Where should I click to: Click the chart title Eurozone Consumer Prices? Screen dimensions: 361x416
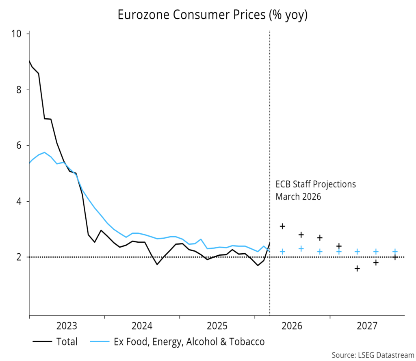coord(212,15)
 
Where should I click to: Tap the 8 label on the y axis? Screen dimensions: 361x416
coord(19,89)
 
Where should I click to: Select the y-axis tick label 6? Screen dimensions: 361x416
coord(19,146)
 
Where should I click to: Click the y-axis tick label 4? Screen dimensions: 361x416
coord(19,201)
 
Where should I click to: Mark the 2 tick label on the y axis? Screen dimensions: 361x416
coord(19,257)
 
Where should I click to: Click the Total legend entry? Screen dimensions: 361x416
coord(65,341)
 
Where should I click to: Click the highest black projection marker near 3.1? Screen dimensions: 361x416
coord(282,226)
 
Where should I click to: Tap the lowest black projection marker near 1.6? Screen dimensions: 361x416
coord(357,268)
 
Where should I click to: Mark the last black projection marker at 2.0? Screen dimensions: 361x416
coord(394,257)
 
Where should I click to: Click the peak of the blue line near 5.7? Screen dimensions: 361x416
coord(44,152)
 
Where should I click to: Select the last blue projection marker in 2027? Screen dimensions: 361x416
coord(394,251)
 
